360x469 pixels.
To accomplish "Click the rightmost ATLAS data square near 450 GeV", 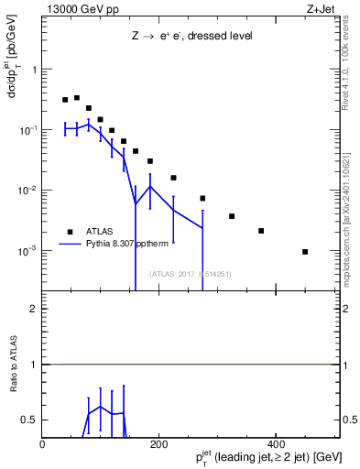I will [304, 251].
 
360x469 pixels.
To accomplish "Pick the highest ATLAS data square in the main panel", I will [77, 97].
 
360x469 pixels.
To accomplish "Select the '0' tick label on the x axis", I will [43, 444].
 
